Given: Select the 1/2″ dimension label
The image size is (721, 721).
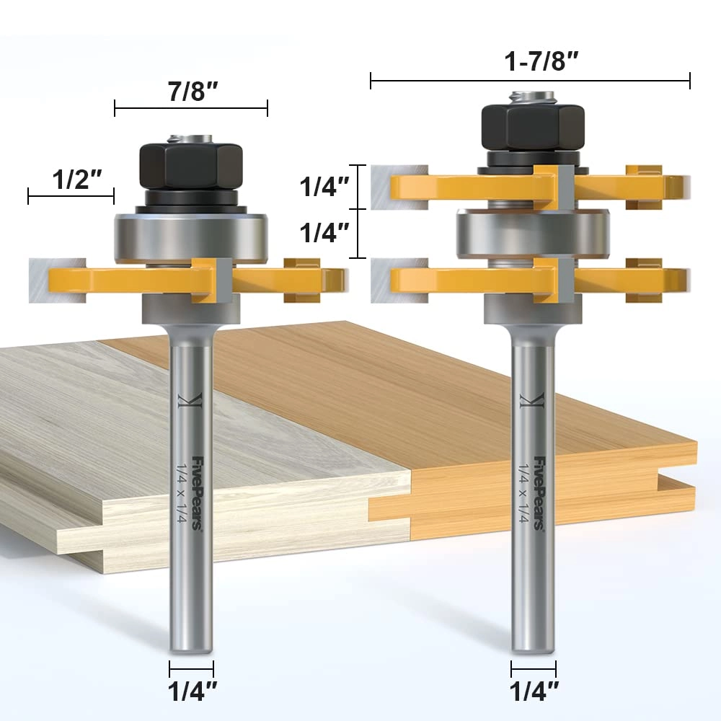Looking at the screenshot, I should click(x=74, y=179).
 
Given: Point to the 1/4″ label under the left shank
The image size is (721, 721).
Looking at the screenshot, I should click(x=191, y=694).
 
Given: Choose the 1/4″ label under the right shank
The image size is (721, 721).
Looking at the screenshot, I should click(x=534, y=694).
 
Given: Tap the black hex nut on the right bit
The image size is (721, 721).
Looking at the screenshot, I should click(x=532, y=125).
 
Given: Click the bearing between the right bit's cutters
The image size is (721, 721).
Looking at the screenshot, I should click(x=532, y=234).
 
